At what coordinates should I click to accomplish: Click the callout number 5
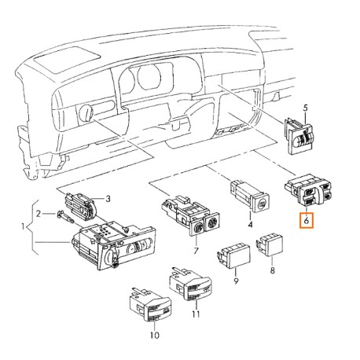(x=307, y=105)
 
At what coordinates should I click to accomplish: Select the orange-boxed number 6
(x=305, y=222)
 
